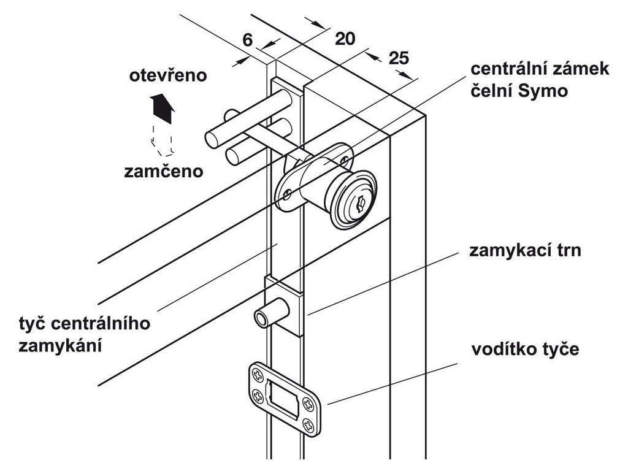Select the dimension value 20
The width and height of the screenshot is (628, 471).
pos(345,38)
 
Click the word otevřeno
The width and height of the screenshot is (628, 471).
pos(167,76)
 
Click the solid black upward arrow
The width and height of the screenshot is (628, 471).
pos(163,107)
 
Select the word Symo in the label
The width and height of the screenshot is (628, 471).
pos(544,90)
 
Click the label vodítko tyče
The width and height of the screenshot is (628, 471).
pos(525,350)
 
